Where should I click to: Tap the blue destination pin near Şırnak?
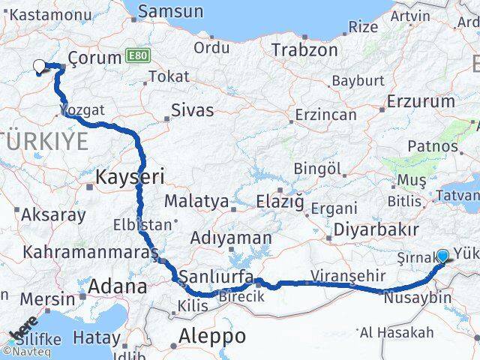tap(442, 256)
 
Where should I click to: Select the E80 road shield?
tap(136, 56)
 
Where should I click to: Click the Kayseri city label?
tap(130, 177)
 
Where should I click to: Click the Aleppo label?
tap(212, 335)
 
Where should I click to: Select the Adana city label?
tap(118, 286)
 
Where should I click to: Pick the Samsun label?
tap(170, 11)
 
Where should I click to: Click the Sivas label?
tap(192, 110)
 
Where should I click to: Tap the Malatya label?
tap(196, 201)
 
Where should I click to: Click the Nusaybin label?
tap(417, 298)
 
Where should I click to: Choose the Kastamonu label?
tap(47, 14)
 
